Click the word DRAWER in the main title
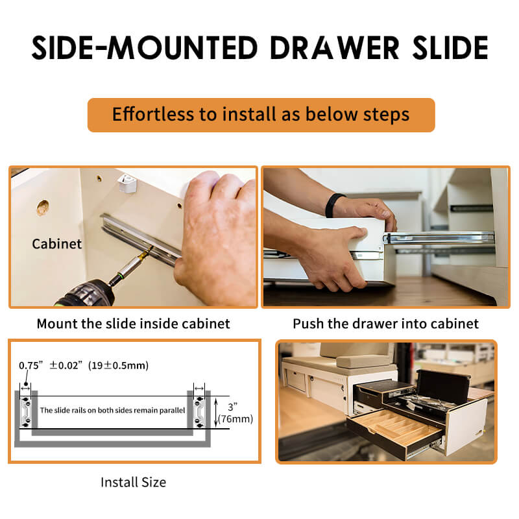(x=335, y=47)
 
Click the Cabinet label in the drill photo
(x=57, y=244)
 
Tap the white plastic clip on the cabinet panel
(x=127, y=184)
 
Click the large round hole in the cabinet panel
(x=42, y=208)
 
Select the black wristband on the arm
(x=333, y=205)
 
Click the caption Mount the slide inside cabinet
(x=134, y=323)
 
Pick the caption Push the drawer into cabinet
(x=385, y=323)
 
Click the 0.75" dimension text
(x=30, y=365)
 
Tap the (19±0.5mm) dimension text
(x=118, y=365)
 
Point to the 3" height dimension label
(x=233, y=407)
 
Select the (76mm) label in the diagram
(x=235, y=419)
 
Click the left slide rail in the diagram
(x=26, y=411)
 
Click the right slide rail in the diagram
(x=199, y=411)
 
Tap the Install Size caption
(x=134, y=482)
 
